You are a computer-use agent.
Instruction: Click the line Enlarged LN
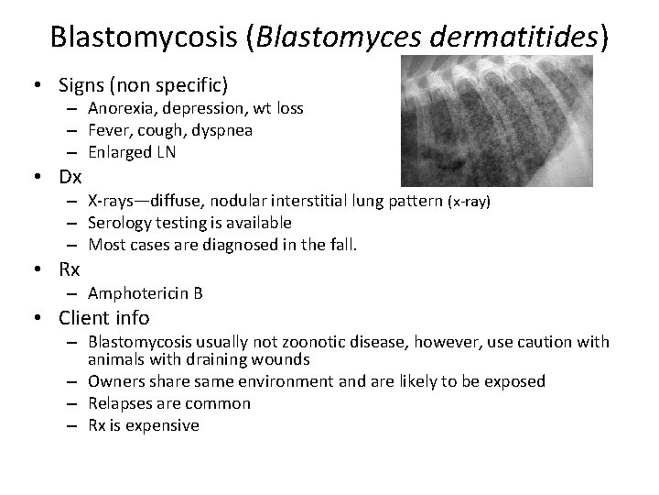(132, 151)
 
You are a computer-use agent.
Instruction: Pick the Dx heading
(70, 176)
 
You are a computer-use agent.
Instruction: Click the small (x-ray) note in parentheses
(469, 202)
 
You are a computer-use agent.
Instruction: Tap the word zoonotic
(308, 342)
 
